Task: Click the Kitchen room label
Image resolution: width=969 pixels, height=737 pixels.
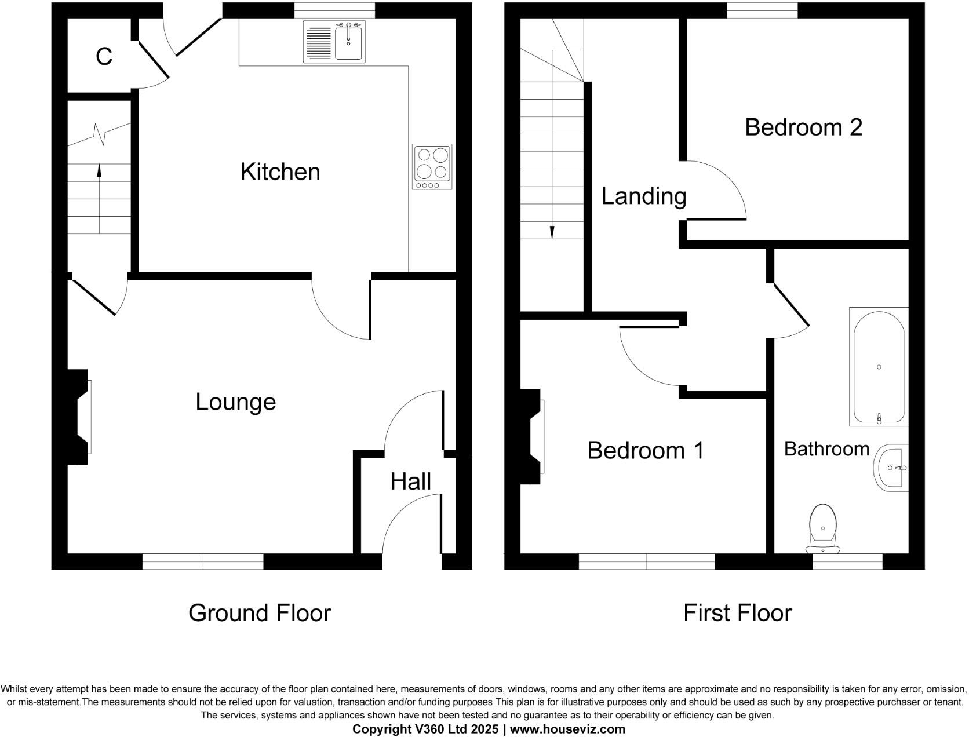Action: [280, 172]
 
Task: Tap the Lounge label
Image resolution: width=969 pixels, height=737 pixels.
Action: [235, 402]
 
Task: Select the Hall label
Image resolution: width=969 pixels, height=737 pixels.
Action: [410, 481]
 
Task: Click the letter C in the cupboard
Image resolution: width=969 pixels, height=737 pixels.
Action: [104, 57]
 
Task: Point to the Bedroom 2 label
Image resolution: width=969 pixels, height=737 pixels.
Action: [803, 127]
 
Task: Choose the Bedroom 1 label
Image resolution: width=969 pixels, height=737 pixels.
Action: [646, 450]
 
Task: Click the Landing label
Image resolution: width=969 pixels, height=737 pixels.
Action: [643, 196]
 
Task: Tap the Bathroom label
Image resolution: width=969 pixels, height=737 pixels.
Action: [826, 449]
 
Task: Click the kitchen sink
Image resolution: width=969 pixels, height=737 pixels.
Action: [334, 42]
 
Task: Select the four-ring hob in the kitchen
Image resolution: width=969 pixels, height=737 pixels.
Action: [432, 166]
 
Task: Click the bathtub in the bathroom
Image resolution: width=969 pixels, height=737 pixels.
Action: [879, 367]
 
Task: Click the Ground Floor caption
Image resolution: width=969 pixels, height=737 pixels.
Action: [259, 613]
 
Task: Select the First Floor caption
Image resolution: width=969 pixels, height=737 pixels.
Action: [737, 613]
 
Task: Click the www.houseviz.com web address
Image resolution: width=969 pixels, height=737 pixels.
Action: [567, 729]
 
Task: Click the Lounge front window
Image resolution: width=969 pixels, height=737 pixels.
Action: [203, 561]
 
